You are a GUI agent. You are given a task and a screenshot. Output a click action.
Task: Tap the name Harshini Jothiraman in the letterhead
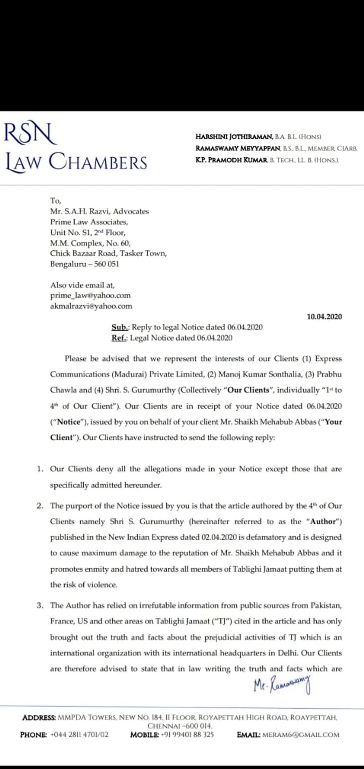234,137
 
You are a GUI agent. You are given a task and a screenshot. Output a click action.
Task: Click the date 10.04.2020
324,317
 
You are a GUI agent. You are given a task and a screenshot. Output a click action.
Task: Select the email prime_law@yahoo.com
90,295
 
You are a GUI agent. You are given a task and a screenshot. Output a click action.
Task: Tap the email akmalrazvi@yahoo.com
91,306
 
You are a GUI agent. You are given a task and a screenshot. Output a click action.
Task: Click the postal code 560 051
106,264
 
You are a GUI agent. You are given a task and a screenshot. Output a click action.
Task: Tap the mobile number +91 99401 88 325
187,735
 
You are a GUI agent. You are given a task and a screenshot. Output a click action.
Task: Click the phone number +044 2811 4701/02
79,735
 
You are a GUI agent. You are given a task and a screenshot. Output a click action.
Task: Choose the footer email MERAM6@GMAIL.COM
301,735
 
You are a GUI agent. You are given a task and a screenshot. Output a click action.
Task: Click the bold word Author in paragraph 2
324,522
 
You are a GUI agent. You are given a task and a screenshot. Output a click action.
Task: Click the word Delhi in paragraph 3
288,653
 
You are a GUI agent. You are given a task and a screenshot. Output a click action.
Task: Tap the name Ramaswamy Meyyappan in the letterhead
238,148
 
